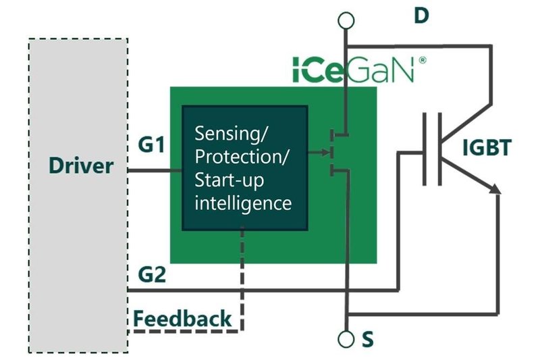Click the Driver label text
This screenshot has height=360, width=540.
coord(81,165)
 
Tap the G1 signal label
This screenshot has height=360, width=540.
coord(154,145)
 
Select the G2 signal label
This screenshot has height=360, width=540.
coord(154,276)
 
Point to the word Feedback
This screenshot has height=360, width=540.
coord(182,318)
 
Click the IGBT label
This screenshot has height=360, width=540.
coord(488,147)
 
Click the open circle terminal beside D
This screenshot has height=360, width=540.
coord(346,20)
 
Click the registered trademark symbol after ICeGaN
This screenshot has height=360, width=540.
coord(423,60)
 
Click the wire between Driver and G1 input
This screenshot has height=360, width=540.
coord(155,170)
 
